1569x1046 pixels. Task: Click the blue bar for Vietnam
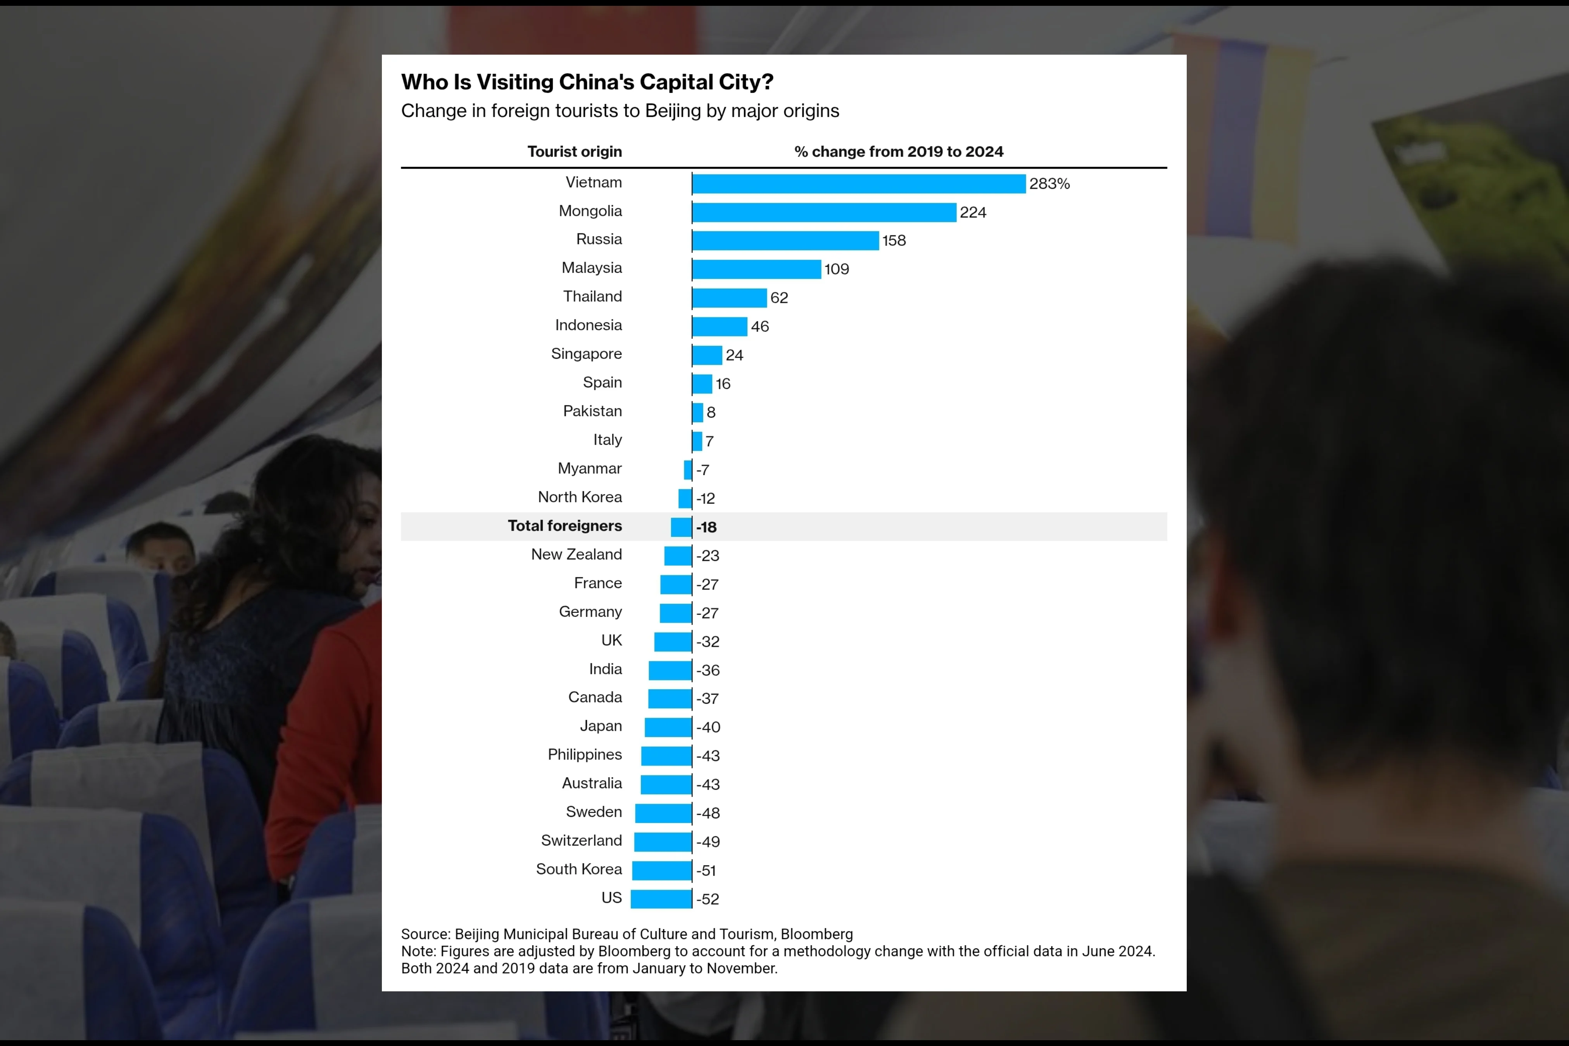click(x=858, y=183)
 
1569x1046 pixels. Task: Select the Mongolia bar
click(x=824, y=212)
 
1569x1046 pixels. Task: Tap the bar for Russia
click(x=785, y=240)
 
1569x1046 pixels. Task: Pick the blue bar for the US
click(x=661, y=899)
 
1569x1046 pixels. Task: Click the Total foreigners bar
click(x=681, y=527)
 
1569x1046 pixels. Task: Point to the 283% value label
click(x=1049, y=183)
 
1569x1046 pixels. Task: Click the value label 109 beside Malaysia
click(x=837, y=269)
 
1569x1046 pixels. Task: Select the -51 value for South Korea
click(x=706, y=870)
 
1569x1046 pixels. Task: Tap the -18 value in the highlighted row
click(x=706, y=527)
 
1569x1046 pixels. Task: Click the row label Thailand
click(x=592, y=296)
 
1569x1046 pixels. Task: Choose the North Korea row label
click(x=580, y=497)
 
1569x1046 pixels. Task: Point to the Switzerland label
click(x=581, y=841)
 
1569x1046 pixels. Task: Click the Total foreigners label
click(x=564, y=526)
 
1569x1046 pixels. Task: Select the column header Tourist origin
click(x=574, y=152)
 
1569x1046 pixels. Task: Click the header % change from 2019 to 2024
click(x=899, y=152)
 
